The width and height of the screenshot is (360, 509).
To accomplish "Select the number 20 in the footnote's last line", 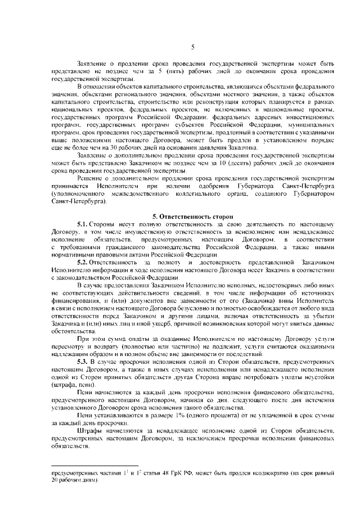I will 53,482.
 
